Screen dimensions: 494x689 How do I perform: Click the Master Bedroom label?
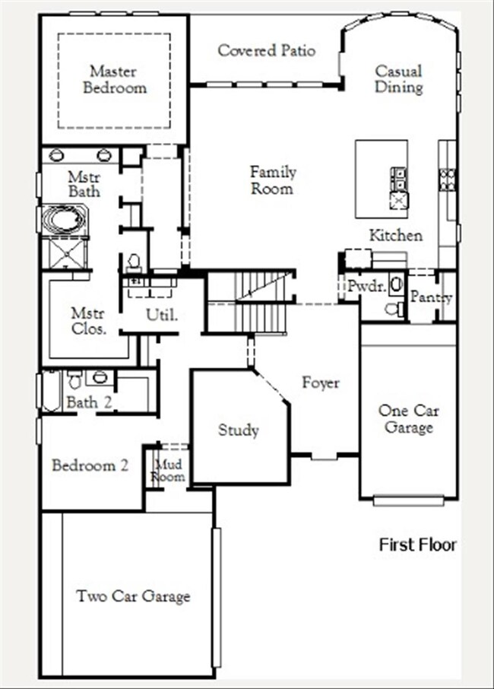(115, 79)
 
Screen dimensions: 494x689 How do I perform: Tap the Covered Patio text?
(267, 50)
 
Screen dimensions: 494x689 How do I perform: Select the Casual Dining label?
(399, 78)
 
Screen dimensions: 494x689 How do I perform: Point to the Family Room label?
(273, 179)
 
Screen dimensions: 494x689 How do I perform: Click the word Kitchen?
(396, 236)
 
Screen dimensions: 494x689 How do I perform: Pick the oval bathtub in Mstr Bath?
(64, 219)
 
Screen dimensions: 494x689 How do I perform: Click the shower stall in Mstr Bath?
(65, 252)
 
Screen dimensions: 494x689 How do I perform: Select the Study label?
(239, 430)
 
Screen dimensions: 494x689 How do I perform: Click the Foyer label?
(321, 383)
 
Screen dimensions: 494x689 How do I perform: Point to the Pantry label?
(431, 297)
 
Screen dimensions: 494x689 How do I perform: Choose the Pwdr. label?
(367, 287)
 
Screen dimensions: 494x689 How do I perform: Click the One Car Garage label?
(408, 419)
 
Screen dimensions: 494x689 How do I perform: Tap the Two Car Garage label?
(133, 596)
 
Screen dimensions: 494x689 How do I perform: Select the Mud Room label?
(168, 470)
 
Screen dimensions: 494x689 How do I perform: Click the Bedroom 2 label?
(90, 465)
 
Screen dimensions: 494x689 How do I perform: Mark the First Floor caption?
(417, 545)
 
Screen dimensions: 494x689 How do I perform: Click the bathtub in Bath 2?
(52, 391)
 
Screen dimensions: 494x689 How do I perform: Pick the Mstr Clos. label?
(88, 322)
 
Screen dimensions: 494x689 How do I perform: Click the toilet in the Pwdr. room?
(394, 309)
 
